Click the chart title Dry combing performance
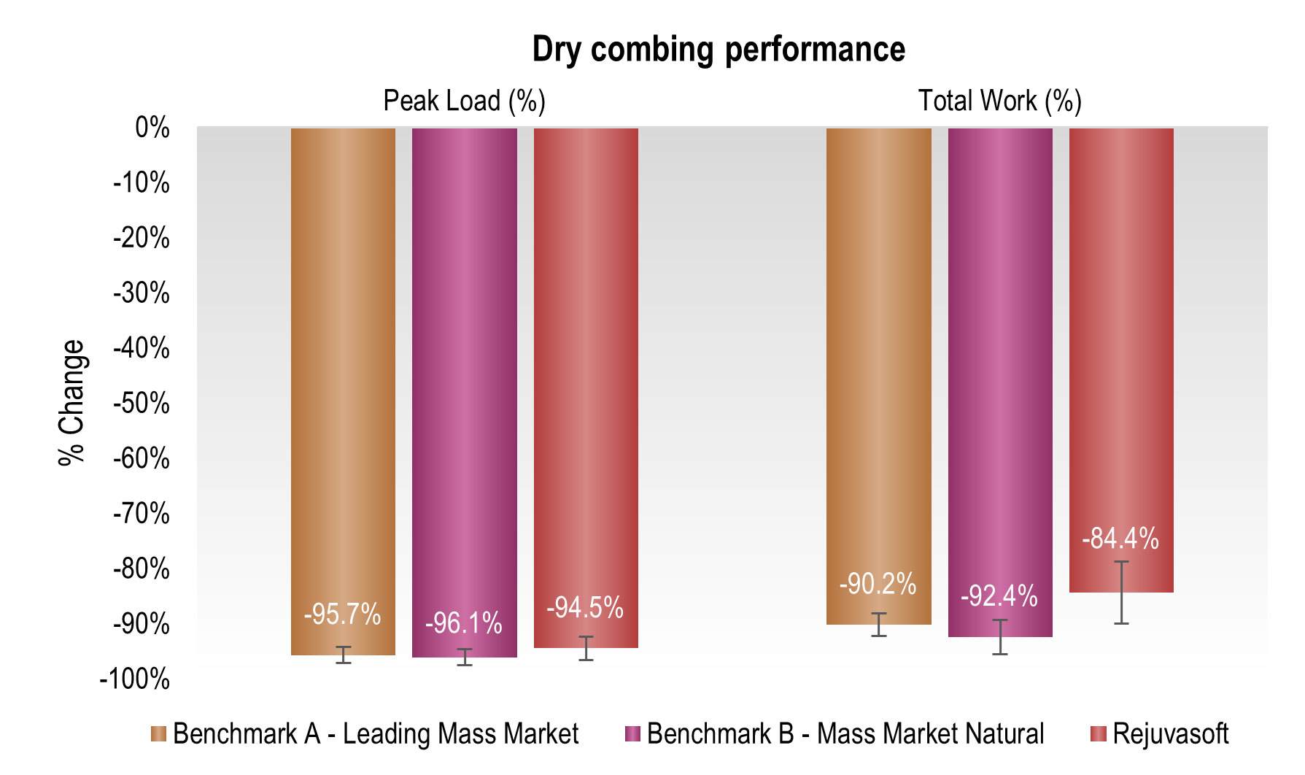point(719,50)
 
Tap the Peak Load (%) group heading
point(464,101)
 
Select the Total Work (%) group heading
point(999,101)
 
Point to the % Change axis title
point(72,402)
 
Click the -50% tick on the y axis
point(142,404)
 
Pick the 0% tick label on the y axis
point(152,128)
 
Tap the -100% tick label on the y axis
point(135,679)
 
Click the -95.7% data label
point(342,614)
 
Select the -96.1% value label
point(464,623)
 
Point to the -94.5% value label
point(585,607)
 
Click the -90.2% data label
point(878,584)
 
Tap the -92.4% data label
point(999,596)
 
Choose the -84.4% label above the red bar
point(1120,539)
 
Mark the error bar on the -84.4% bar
point(1122,592)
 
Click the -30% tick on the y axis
point(142,293)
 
